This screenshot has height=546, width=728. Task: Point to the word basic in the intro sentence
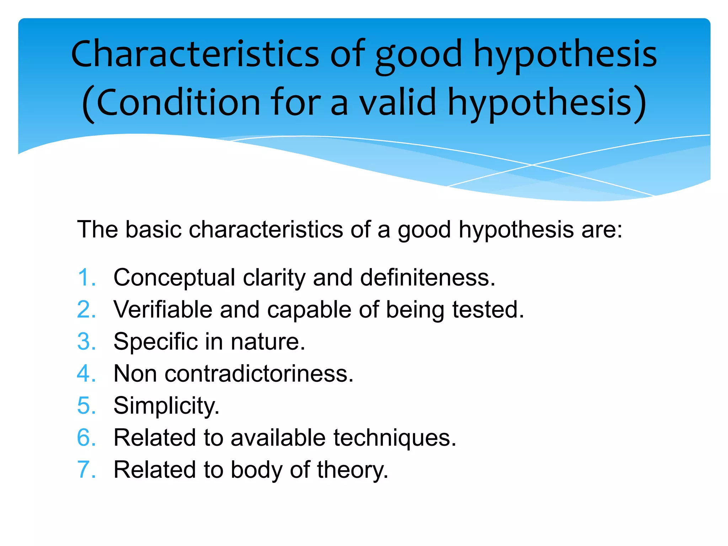pos(153,229)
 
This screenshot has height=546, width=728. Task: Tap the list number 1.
pos(86,277)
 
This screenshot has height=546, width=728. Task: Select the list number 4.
pos(86,374)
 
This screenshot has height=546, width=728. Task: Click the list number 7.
pos(86,470)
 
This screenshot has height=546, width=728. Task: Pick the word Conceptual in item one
pos(174,278)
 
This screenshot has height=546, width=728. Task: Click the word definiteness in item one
pos(427,278)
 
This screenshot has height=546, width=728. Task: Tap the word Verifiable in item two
pos(163,310)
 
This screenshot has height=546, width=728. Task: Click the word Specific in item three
pos(155,342)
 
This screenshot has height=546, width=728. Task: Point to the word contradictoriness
pos(259,374)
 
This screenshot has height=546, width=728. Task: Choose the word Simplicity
pos(166,406)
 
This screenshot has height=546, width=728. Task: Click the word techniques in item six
pos(395,438)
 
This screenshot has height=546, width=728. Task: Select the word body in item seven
pos(256,470)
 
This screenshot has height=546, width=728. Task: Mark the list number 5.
pos(86,406)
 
